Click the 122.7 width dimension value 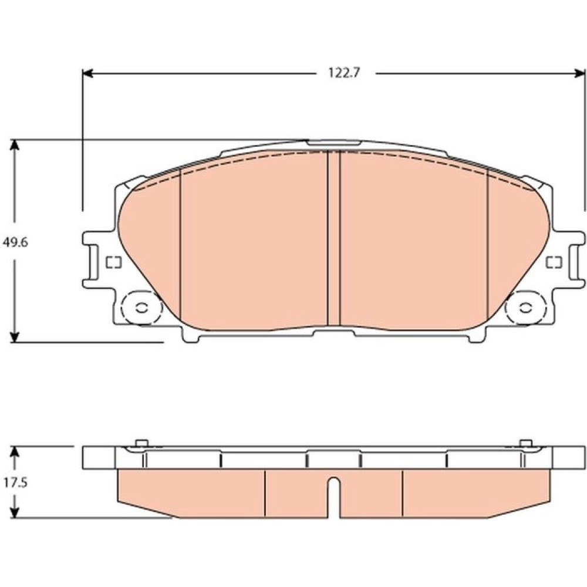point(344,73)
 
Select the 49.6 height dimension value point(15,242)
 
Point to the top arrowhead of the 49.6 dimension point(14,145)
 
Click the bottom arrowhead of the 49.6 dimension point(14,336)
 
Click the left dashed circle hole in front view point(141,308)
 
